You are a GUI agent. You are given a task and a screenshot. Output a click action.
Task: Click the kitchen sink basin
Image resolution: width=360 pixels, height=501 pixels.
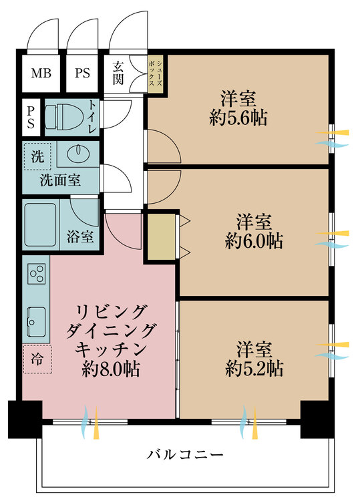tap(36, 320)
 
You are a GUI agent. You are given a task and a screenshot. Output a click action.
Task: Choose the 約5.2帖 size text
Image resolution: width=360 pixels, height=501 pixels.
tap(254, 368)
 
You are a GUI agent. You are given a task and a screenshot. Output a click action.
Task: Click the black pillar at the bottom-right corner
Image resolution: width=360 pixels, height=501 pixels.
tap(317, 420)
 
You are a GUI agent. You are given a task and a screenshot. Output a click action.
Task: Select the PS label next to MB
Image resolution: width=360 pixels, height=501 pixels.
tap(83, 72)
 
